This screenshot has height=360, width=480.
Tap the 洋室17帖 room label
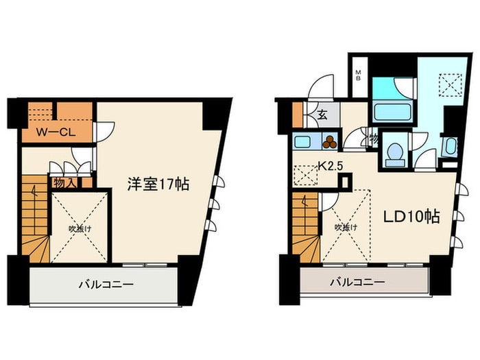158,184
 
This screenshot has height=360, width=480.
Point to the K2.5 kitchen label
331,166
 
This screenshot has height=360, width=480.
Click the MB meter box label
358,75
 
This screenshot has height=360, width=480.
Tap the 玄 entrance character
321,115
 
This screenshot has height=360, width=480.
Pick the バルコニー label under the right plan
357,282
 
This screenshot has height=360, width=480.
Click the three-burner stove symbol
331,143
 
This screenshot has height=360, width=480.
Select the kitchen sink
302,143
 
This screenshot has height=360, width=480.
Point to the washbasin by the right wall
449,147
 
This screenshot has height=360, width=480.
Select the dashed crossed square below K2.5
304,178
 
